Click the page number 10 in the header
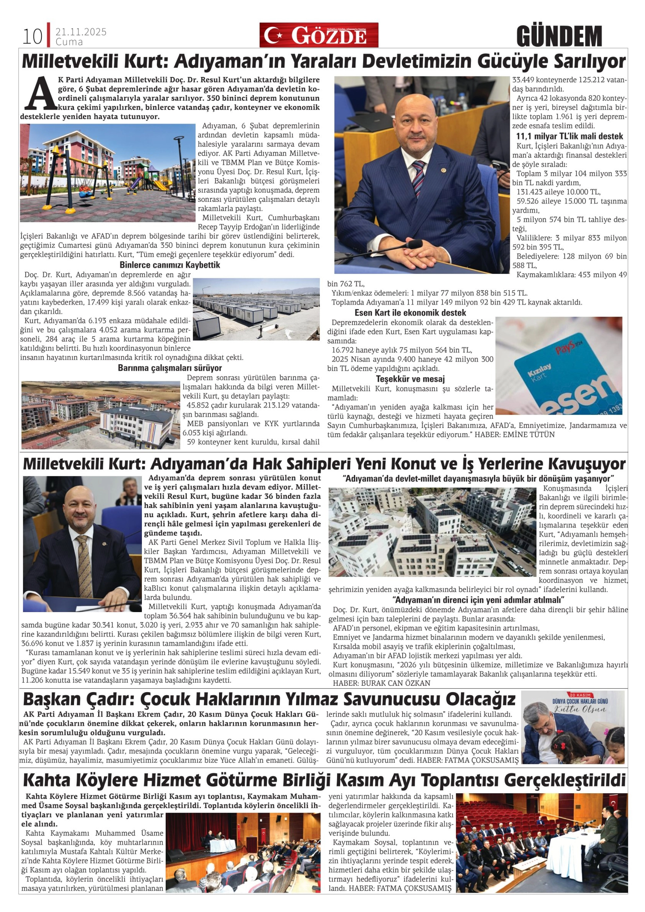click(x=32, y=37)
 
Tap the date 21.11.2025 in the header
click(x=81, y=32)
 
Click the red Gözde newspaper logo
click(x=319, y=35)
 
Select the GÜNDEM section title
click(x=559, y=37)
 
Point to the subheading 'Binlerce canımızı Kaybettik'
click(x=170, y=265)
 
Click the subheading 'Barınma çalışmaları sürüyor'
click(x=170, y=368)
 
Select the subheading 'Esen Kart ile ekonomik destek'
click(x=410, y=312)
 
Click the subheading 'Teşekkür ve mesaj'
click(x=410, y=379)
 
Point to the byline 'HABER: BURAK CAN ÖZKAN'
click(x=382, y=683)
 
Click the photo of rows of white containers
click(x=256, y=309)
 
